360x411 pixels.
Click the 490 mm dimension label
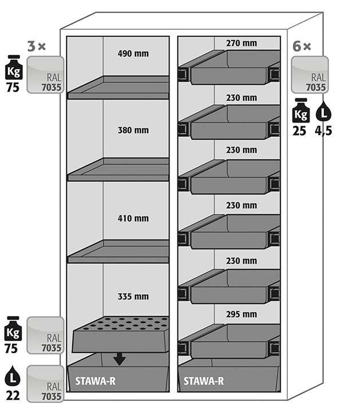[133, 54]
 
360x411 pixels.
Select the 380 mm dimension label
[133, 131]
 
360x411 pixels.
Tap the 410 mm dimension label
[133, 218]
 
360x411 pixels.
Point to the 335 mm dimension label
[133, 297]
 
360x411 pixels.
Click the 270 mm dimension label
[241, 43]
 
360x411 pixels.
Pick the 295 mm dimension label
[241, 314]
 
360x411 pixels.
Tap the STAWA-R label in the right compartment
[204, 381]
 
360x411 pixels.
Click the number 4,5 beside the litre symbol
[323, 130]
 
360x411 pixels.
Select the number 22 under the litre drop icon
[13, 394]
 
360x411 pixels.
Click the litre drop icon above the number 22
[13, 376]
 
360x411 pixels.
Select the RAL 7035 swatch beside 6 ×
[309, 74]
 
